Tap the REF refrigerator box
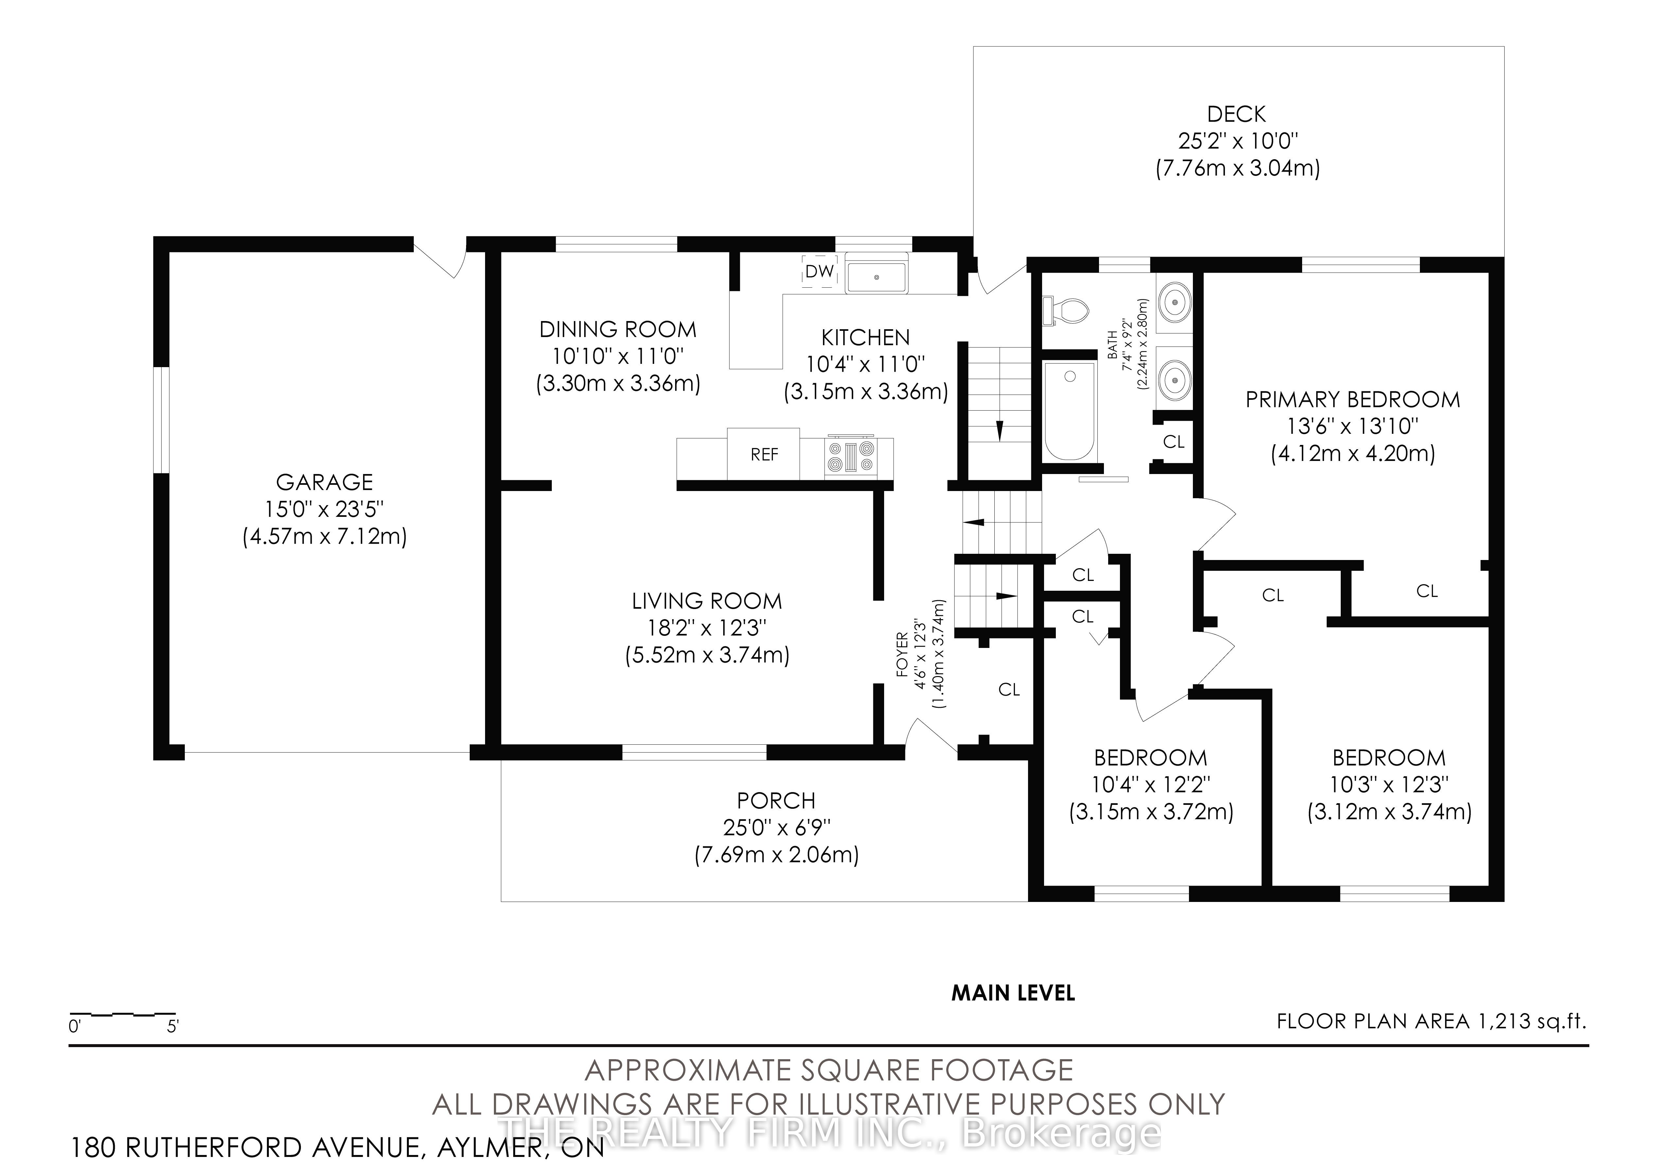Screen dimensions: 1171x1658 (764, 454)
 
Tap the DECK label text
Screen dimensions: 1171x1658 (1236, 114)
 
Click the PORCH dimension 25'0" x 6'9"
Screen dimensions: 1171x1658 (776, 827)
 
